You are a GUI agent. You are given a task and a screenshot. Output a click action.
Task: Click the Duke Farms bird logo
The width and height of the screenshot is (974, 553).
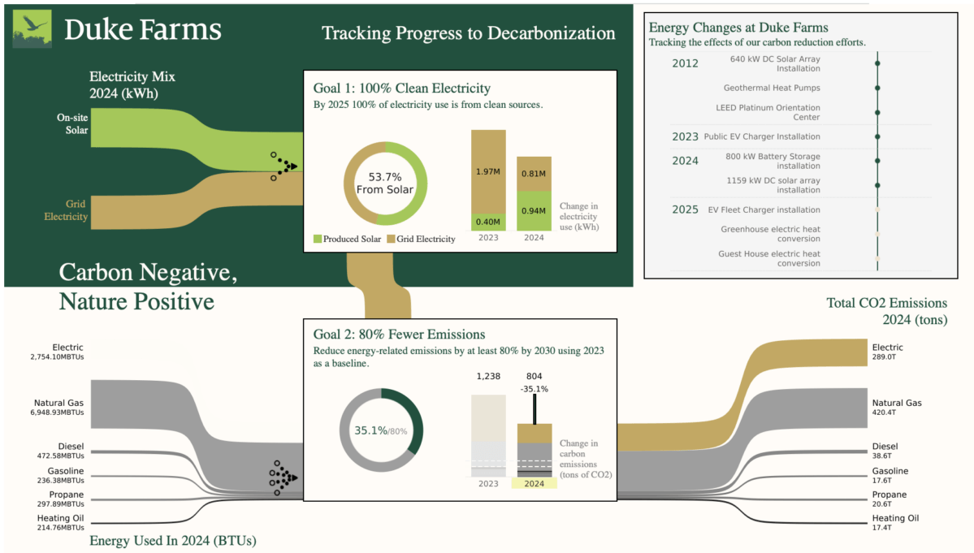[33, 29]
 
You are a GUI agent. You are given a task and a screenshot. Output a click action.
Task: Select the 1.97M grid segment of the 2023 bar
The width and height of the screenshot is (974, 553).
[489, 171]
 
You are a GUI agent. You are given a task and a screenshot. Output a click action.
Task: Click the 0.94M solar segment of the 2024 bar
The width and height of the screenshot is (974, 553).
[535, 210]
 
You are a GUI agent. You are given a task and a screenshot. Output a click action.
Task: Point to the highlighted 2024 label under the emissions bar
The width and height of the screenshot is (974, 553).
[534, 483]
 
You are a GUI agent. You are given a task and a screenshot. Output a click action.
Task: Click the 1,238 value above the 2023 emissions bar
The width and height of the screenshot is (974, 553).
[488, 376]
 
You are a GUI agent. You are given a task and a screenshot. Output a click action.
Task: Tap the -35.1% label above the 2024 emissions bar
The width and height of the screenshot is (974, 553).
[534, 389]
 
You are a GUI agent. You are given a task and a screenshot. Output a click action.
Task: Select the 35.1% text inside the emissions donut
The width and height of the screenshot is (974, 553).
[369, 430]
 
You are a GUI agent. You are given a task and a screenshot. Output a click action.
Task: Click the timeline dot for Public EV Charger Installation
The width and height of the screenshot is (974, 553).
[877, 136]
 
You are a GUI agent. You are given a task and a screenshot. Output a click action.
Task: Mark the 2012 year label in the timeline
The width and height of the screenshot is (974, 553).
[685, 63]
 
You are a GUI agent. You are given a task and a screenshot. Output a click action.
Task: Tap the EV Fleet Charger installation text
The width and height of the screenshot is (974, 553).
[764, 210]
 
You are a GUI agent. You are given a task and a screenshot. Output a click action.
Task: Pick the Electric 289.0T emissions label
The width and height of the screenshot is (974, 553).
[887, 352]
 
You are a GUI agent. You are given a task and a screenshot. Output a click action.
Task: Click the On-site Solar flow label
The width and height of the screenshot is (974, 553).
[72, 123]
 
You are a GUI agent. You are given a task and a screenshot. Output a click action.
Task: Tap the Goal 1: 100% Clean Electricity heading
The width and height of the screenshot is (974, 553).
[401, 88]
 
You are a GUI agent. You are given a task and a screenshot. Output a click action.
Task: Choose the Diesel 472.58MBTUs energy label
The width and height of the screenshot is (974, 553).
[60, 451]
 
